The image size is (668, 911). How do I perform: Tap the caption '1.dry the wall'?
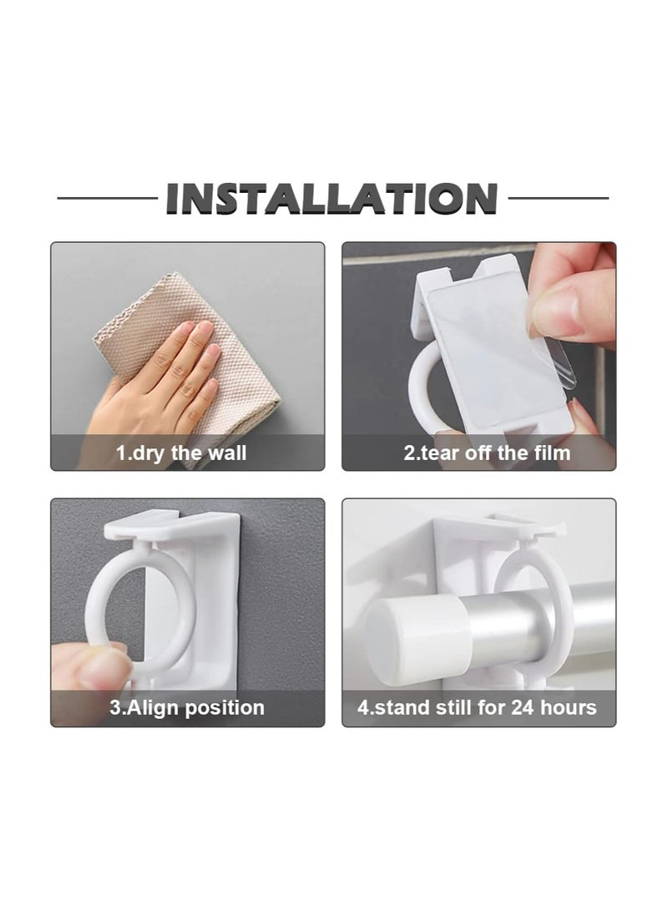tap(181, 454)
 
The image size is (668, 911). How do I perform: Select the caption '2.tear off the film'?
tap(487, 454)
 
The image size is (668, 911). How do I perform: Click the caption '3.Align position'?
tap(187, 708)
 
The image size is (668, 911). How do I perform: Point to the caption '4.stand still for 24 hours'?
tap(477, 708)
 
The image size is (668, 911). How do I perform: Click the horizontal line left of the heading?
tap(107, 199)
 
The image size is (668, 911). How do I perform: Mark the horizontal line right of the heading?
tap(558, 199)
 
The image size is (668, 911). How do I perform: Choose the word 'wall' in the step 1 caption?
tap(227, 454)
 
